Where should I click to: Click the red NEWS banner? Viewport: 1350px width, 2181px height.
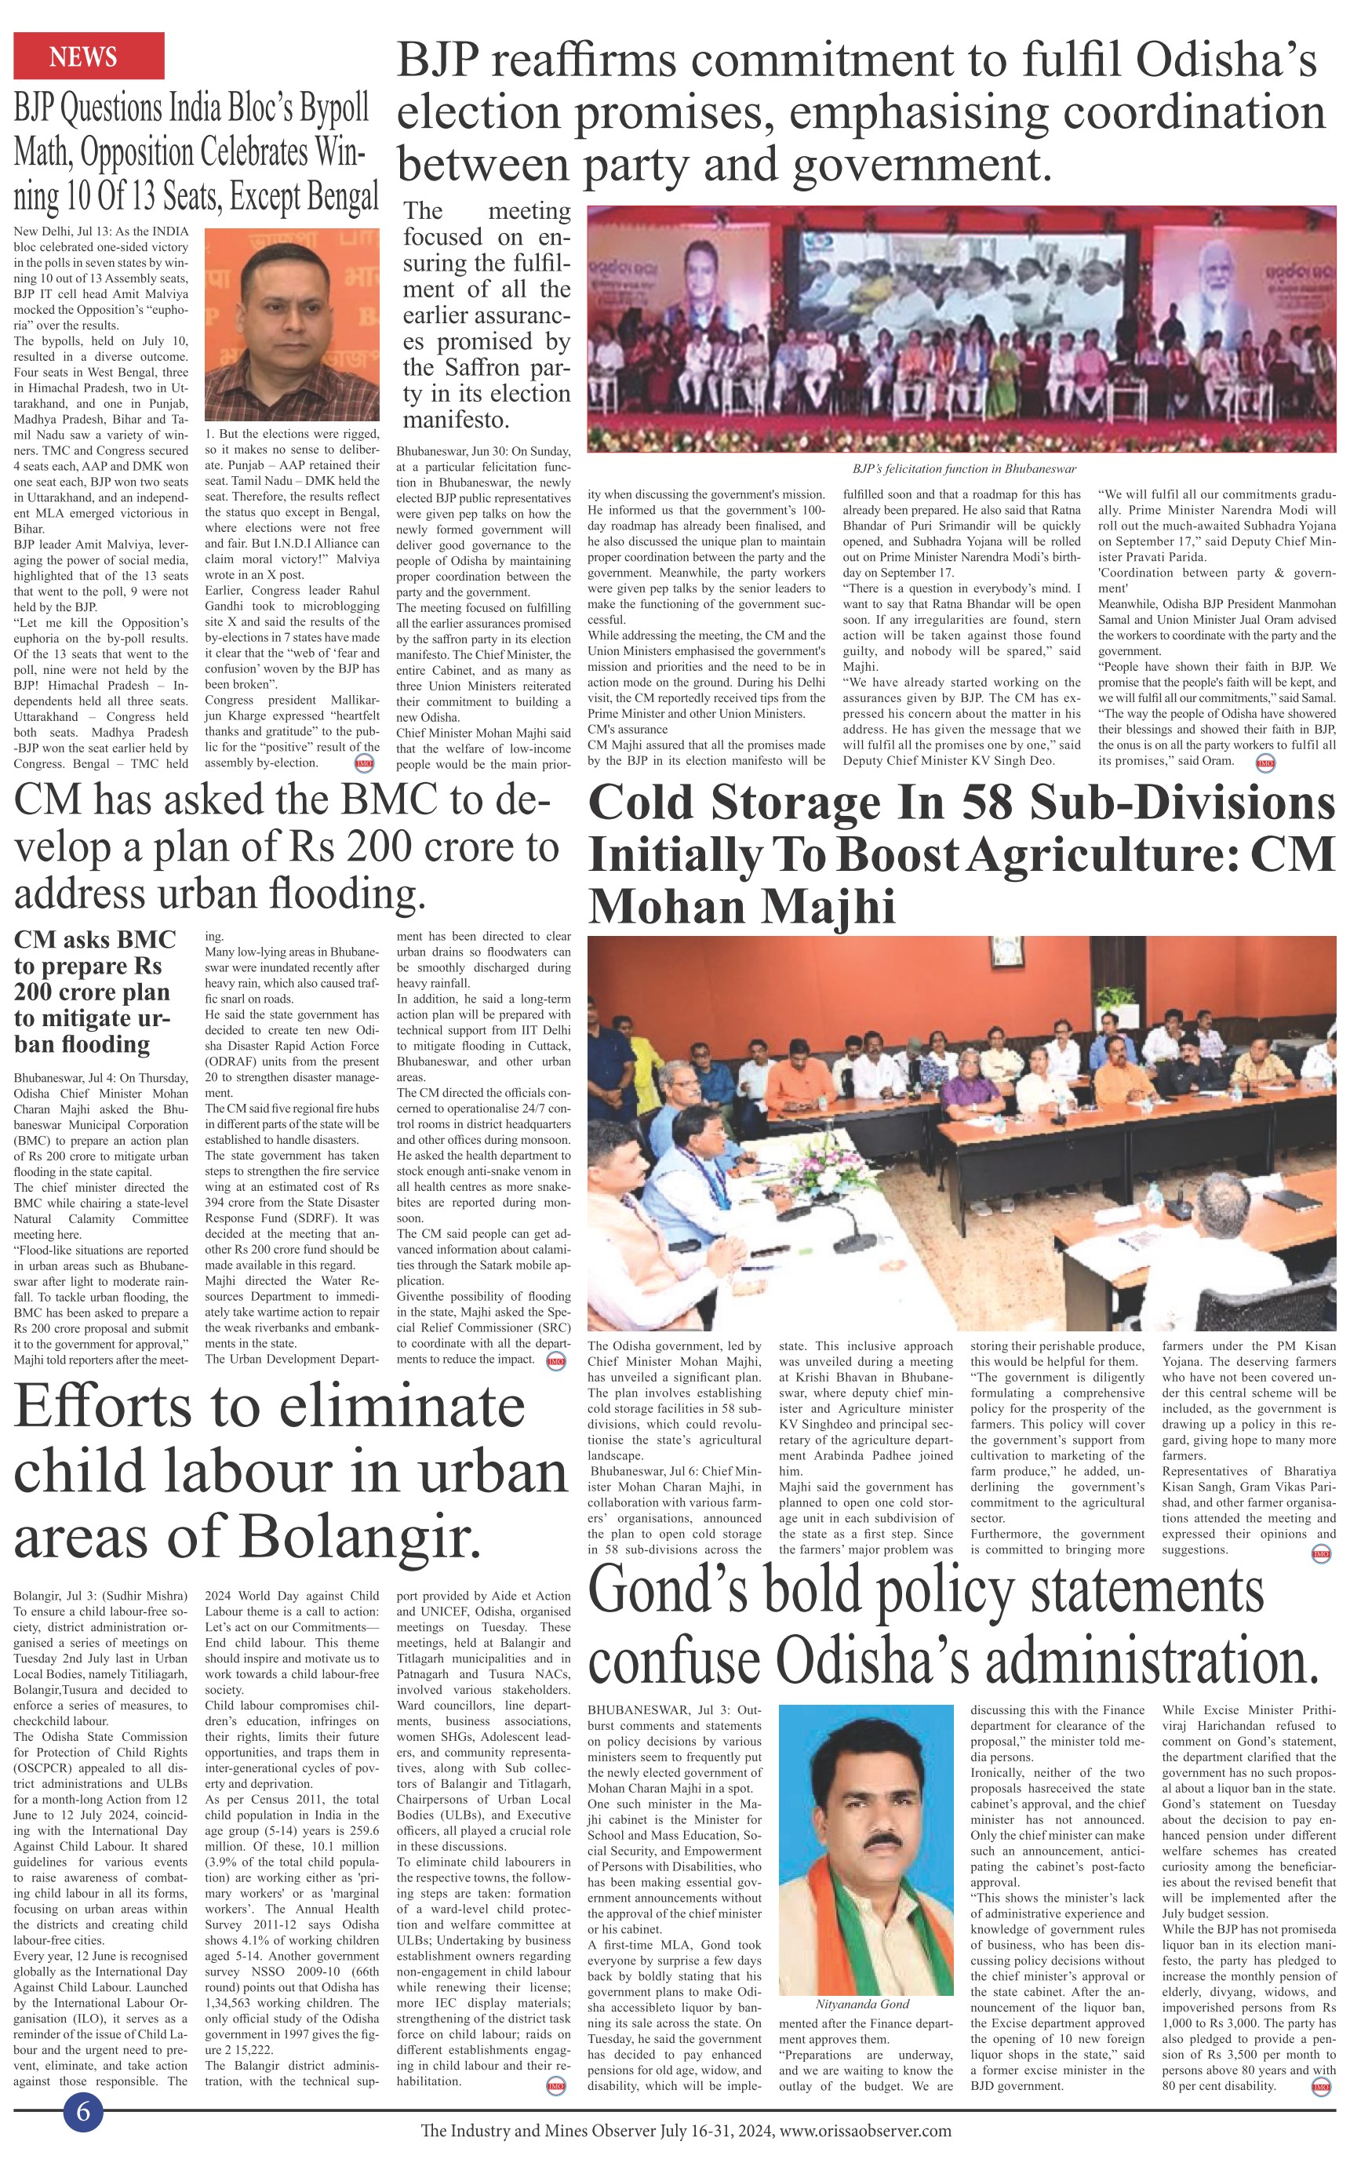(89, 56)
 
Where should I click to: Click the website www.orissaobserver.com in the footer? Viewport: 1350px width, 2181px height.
(865, 2131)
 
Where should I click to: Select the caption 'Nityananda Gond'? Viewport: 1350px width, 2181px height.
(861, 2004)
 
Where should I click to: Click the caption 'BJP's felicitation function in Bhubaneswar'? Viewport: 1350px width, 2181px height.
(963, 468)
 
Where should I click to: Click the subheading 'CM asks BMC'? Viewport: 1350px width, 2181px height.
(95, 939)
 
